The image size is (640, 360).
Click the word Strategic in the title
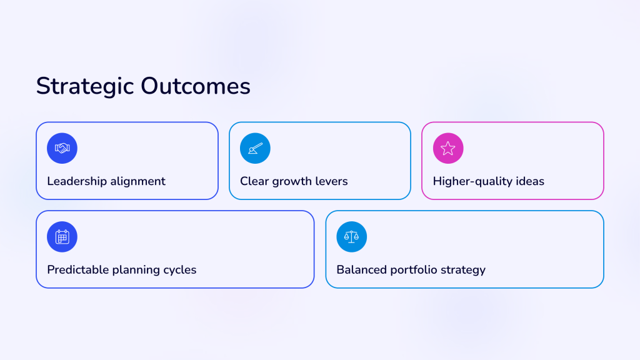(85, 86)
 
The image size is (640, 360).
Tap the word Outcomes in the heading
(196, 86)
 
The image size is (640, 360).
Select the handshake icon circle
(62, 148)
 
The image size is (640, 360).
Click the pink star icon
(448, 148)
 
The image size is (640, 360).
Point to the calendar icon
(62, 237)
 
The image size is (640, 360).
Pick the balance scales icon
(351, 237)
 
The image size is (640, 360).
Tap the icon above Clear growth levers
(255, 148)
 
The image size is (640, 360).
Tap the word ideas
(530, 181)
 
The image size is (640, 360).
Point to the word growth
(291, 182)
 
